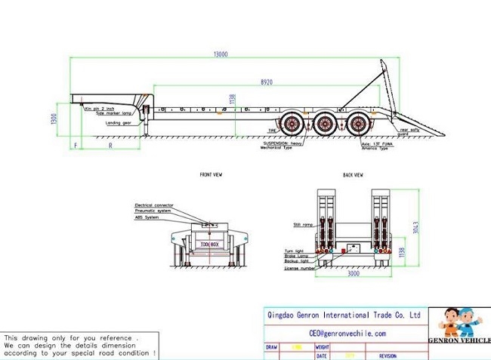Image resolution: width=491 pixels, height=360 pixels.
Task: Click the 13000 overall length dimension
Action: tap(221, 54)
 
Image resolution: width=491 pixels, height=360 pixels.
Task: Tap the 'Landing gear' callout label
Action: tap(119, 122)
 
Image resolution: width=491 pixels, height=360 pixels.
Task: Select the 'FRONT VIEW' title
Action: tap(211, 174)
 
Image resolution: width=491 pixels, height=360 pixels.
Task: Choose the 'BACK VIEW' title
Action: tap(353, 174)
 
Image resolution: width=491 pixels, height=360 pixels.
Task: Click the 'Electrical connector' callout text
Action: tap(154, 205)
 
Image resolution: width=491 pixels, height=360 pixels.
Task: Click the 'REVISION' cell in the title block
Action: tap(387, 355)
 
